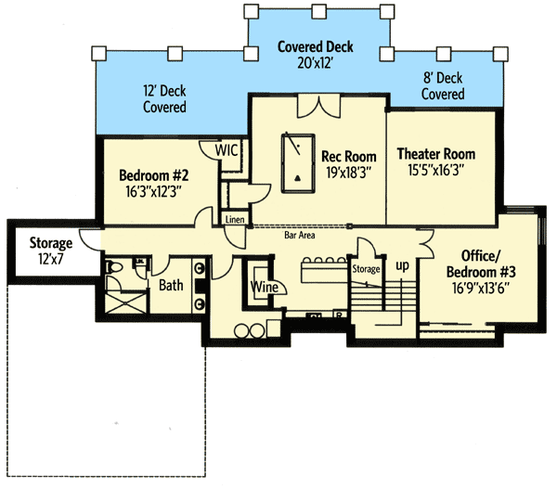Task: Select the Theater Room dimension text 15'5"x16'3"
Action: pos(436,170)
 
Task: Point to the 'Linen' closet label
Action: pos(234,219)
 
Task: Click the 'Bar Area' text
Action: pos(300,236)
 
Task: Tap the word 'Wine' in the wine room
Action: pos(264,288)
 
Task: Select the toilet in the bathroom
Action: pos(115,268)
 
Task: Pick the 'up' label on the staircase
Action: pos(402,265)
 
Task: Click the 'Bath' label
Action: pos(170,286)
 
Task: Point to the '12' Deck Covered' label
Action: pos(163,99)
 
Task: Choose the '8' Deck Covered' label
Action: pos(442,86)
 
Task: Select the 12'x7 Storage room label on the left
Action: pos(49,251)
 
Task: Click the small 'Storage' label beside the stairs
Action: pos(366,269)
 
